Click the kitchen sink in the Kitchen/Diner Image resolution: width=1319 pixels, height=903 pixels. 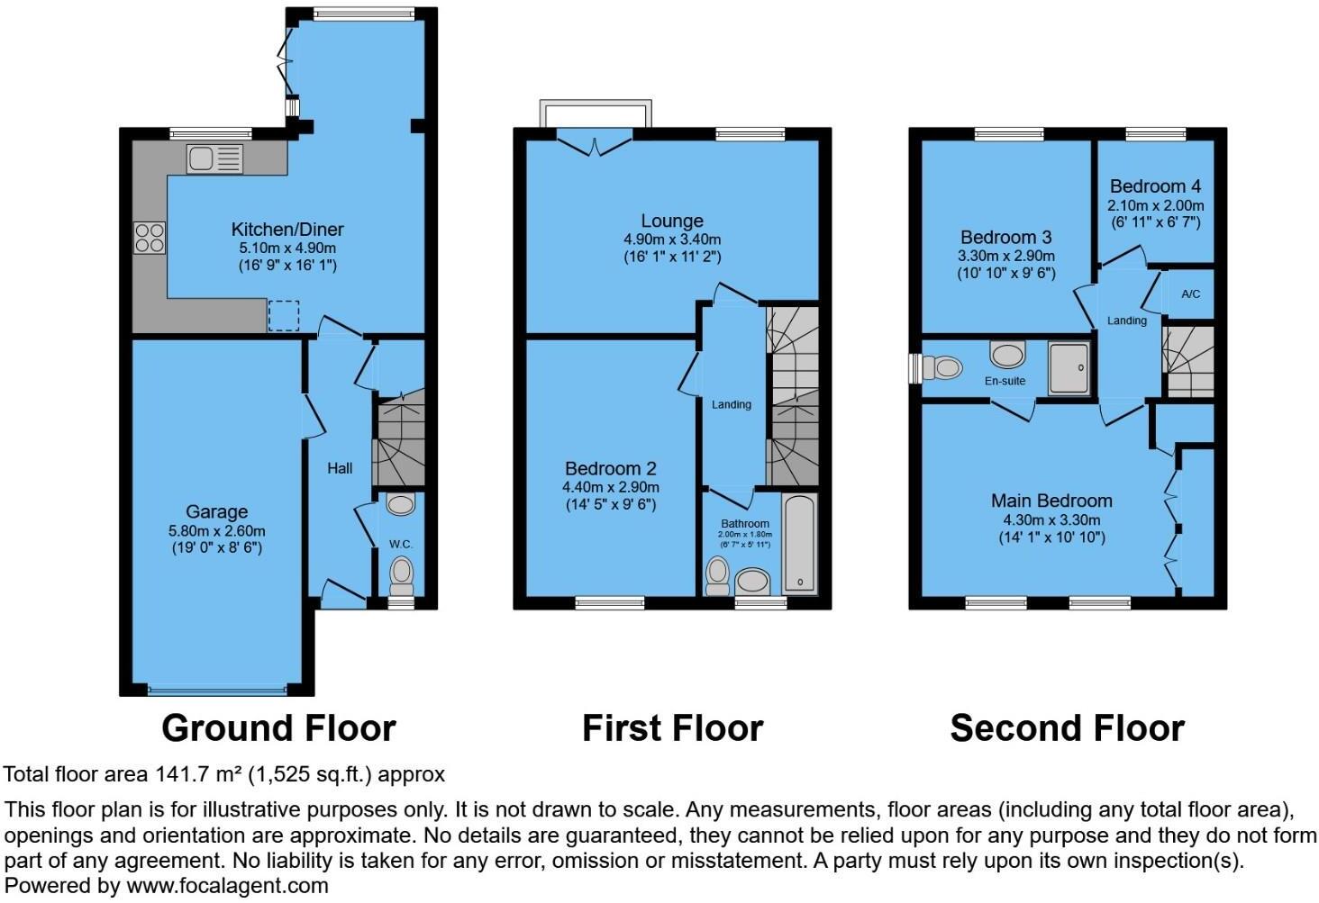pyautogui.click(x=214, y=159)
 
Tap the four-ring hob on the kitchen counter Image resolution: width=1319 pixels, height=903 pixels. pyautogui.click(x=150, y=238)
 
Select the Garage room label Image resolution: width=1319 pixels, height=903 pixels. pyautogui.click(x=216, y=512)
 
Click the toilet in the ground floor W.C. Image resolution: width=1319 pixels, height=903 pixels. pyautogui.click(x=402, y=573)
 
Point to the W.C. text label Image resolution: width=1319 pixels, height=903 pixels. pyautogui.click(x=401, y=544)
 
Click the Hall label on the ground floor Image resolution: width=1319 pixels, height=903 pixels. pyautogui.click(x=340, y=468)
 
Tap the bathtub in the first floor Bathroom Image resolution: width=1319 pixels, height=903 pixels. pyautogui.click(x=798, y=544)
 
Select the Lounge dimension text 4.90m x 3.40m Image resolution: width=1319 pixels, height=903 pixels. pyautogui.click(x=672, y=239)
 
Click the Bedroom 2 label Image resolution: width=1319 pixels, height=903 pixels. pyautogui.click(x=611, y=468)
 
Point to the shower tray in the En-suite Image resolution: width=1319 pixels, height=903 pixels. pyautogui.click(x=1069, y=367)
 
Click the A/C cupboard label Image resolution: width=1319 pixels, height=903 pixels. pyautogui.click(x=1190, y=294)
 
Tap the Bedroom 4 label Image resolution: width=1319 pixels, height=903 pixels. pyautogui.click(x=1155, y=186)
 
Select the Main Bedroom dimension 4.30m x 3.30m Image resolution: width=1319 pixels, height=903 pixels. pyautogui.click(x=1051, y=520)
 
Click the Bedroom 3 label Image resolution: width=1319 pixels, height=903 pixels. pyautogui.click(x=1005, y=238)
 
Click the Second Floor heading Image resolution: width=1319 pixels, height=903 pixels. pyautogui.click(x=1067, y=728)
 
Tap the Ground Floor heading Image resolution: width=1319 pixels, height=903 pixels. pyautogui.click(x=278, y=728)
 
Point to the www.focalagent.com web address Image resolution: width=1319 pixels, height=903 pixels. pyautogui.click(x=227, y=886)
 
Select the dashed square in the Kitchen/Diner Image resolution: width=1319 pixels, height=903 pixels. pyautogui.click(x=284, y=315)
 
